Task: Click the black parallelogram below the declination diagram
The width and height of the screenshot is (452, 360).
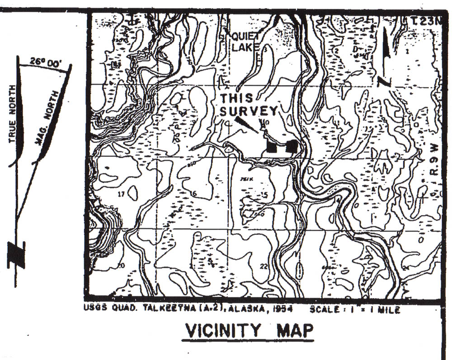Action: (x=16, y=254)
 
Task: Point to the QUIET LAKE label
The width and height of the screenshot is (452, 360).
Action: (x=245, y=41)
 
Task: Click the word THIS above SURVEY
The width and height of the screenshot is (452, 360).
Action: (x=237, y=98)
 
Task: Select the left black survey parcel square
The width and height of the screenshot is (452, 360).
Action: (x=272, y=147)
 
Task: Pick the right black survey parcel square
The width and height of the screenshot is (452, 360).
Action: (x=292, y=146)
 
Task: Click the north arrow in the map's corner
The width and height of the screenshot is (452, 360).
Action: (x=385, y=56)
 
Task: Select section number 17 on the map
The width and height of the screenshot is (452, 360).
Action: (x=120, y=195)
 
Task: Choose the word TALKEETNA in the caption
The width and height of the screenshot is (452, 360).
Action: (x=167, y=309)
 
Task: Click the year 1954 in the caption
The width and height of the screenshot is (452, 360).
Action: (x=284, y=309)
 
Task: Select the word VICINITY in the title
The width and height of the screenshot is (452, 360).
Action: (x=221, y=330)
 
